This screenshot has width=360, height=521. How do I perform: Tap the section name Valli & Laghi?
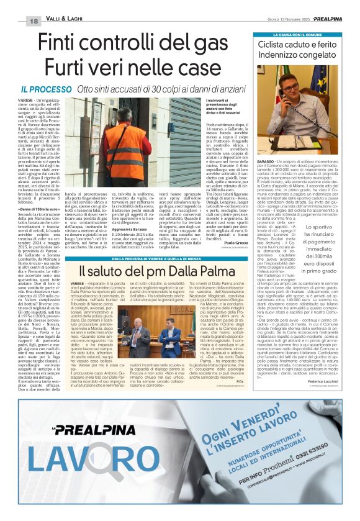click(65, 21)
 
